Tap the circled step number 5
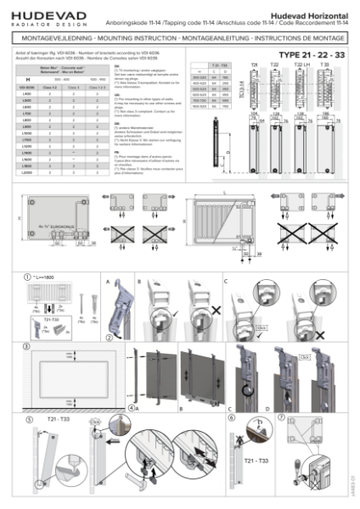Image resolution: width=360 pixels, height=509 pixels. tap(29, 417)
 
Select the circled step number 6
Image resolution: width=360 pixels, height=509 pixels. tap(232, 417)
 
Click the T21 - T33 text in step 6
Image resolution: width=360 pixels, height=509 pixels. tap(248, 459)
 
